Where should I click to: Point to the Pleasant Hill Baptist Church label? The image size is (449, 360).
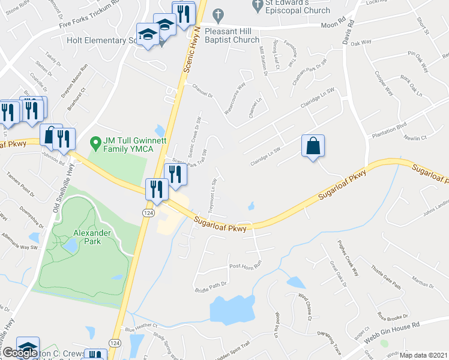pos(239,35)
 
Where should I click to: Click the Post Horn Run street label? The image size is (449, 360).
pos(247,265)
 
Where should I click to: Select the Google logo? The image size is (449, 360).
pos(19,353)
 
